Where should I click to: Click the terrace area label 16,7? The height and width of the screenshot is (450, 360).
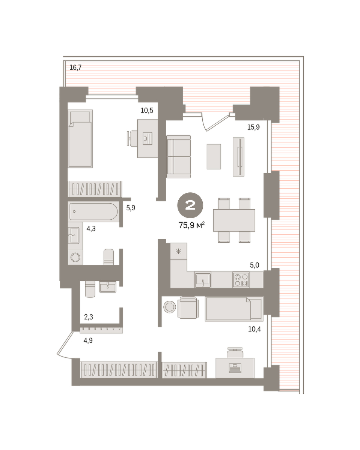tap(75, 67)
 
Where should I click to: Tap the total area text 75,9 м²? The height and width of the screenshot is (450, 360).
tap(191, 225)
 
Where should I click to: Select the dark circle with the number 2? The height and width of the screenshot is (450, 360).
tap(190, 205)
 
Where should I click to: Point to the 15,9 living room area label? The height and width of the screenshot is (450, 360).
tap(253, 127)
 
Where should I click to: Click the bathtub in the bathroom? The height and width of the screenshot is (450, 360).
tap(93, 211)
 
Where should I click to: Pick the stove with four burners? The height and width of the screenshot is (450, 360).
tap(241, 280)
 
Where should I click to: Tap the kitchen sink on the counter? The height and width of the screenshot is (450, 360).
tap(203, 280)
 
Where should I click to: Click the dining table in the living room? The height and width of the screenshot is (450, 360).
tap(234, 220)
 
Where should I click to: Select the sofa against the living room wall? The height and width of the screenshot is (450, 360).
tap(178, 157)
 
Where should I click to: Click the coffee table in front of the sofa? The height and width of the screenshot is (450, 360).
tap(214, 156)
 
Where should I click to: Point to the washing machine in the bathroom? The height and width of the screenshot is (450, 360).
tap(75, 257)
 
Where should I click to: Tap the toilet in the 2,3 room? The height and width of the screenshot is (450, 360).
tap(90, 289)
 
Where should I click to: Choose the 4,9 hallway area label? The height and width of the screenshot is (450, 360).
tap(88, 340)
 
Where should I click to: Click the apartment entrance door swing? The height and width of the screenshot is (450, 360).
tap(64, 344)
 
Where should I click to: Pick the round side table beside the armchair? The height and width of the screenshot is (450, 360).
tap(170, 307)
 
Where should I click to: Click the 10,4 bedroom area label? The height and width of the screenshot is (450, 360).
tap(254, 329)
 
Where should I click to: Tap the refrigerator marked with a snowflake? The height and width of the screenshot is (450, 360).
tap(178, 251)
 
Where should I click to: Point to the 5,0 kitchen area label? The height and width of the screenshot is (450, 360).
tap(255, 265)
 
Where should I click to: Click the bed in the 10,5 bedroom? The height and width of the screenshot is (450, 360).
tap(80, 138)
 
